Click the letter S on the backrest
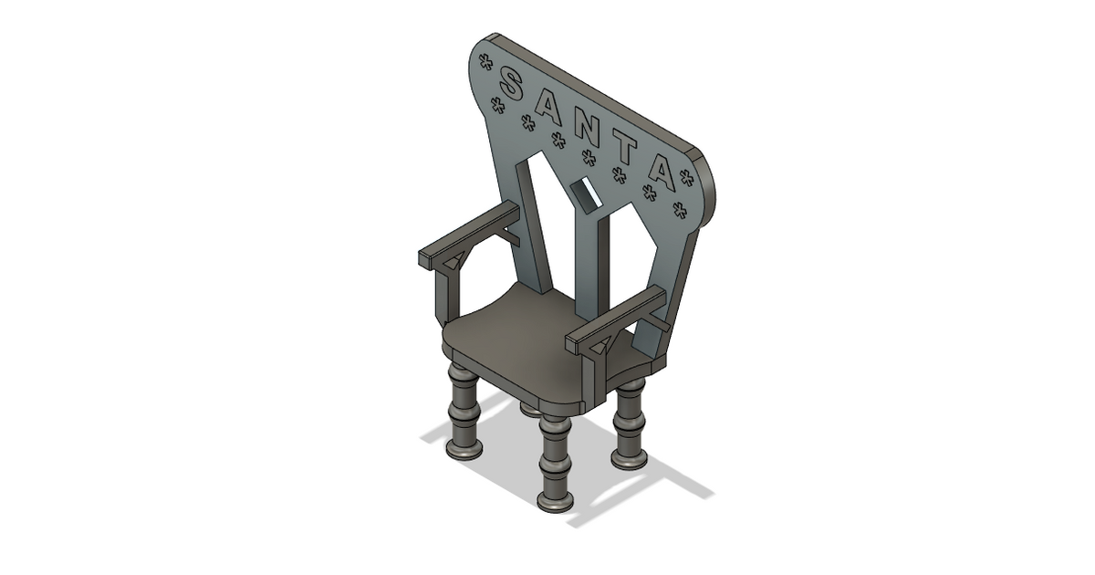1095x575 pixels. [513, 87]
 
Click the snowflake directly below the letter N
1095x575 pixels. [589, 158]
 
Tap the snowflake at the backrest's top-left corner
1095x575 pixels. [485, 62]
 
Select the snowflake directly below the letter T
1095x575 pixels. [620, 175]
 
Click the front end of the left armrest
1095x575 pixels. [425, 256]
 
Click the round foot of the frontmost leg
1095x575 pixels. [556, 500]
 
